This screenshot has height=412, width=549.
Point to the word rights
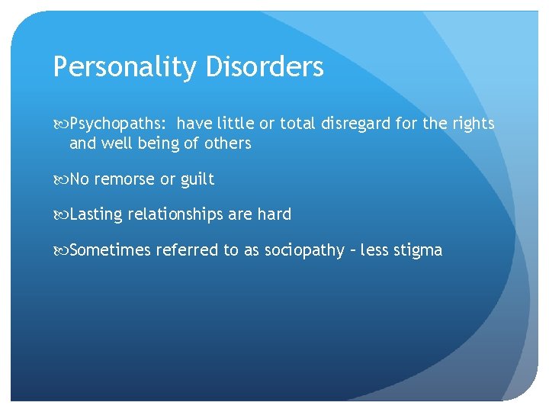pos(473,124)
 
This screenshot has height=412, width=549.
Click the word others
pos(227,143)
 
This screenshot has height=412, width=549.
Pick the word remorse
pos(124,179)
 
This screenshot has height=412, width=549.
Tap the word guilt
pos(197,179)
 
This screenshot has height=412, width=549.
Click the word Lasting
pos(96,214)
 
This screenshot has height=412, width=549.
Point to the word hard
pos(274,214)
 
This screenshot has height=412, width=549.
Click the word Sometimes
pos(110,250)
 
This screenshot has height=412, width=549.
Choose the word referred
pos(187,250)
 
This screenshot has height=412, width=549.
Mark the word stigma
pos(417,250)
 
